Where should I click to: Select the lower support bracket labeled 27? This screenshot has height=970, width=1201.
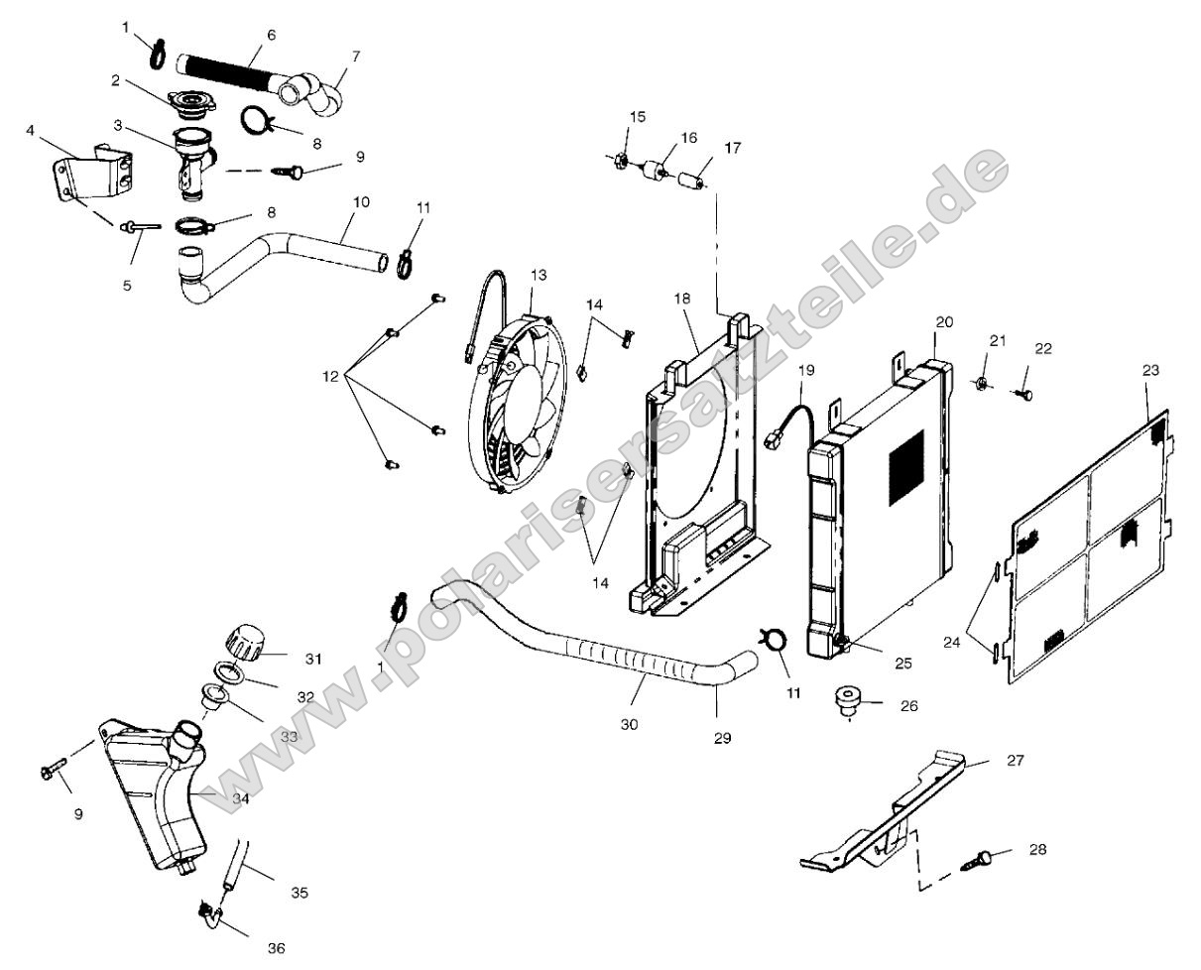click(893, 813)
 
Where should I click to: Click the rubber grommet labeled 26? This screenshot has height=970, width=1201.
click(848, 699)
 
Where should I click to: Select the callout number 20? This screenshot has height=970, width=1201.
click(943, 322)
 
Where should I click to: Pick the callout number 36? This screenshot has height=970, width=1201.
click(276, 948)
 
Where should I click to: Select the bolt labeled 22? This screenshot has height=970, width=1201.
click(1022, 394)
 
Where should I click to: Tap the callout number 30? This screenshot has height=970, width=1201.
click(629, 724)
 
